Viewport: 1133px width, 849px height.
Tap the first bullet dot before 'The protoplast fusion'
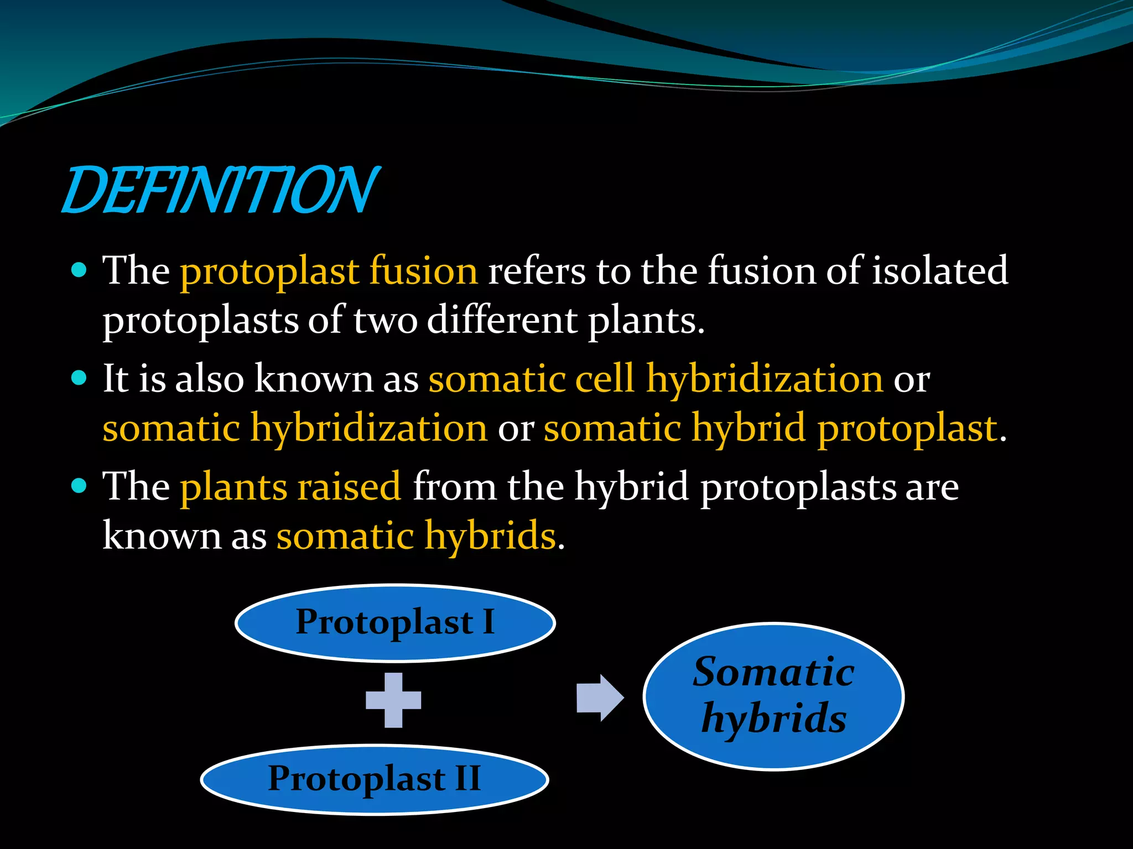pyautogui.click(x=80, y=270)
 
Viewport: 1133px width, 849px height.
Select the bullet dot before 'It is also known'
pyautogui.click(x=80, y=378)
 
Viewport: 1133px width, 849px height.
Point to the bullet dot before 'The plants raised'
pyautogui.click(x=80, y=486)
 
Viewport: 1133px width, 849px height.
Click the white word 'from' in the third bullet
pyautogui.click(x=455, y=486)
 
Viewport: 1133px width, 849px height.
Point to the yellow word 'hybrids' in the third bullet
pyautogui.click(x=490, y=536)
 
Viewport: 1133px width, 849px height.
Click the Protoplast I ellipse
pyautogui.click(x=395, y=622)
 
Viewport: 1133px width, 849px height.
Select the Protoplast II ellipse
pyautogui.click(x=375, y=779)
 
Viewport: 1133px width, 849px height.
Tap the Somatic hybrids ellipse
pyautogui.click(x=773, y=696)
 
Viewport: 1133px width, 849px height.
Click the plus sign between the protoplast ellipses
pyautogui.click(x=393, y=700)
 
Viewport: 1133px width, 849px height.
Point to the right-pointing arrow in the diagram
pyautogui.click(x=600, y=698)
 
